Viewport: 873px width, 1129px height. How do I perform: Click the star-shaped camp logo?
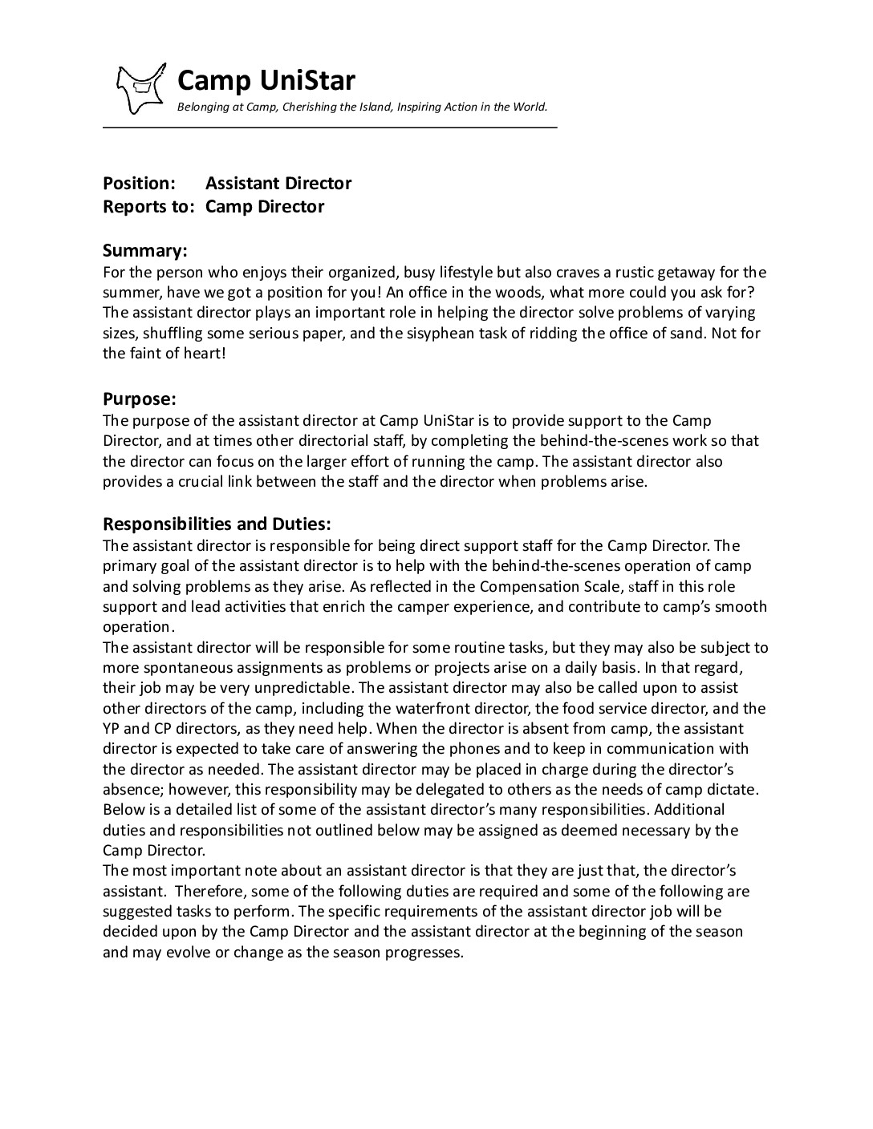click(x=142, y=87)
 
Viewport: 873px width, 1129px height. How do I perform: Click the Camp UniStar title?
click(x=266, y=80)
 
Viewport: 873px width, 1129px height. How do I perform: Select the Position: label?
click(x=139, y=183)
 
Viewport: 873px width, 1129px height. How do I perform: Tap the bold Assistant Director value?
click(x=278, y=183)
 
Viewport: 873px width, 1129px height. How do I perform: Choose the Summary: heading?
click(x=144, y=250)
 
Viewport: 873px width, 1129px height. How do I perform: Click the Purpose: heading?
click(x=139, y=399)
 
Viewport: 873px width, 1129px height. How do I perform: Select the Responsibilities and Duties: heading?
click(x=217, y=524)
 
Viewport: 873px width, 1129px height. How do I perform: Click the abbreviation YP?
click(x=112, y=729)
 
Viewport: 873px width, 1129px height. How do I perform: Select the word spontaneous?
click(x=186, y=667)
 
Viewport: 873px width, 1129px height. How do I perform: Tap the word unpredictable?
click(x=303, y=688)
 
